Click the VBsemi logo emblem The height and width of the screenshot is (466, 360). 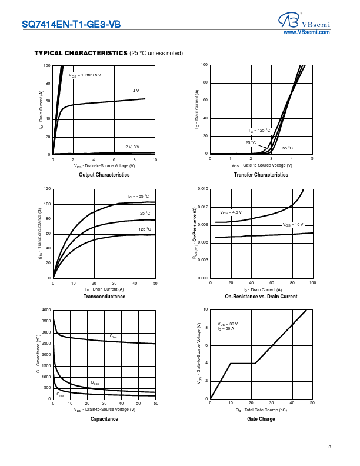tap(289, 21)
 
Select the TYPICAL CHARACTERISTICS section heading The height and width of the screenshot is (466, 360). tap(81, 54)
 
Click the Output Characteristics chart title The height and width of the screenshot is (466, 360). tap(104, 175)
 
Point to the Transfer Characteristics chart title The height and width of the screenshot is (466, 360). tap(261, 175)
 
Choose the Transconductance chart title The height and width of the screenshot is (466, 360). tap(104, 297)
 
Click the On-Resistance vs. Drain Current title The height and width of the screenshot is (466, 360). tap(261, 297)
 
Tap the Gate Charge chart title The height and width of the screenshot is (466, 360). tap(261, 419)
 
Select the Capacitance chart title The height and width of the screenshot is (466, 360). tap(104, 419)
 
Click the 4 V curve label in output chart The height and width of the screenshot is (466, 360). tap(136, 91)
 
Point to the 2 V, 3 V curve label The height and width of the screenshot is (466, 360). tap(132, 147)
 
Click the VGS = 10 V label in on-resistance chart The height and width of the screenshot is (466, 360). tap(293, 225)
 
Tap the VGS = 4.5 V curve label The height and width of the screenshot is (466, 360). tap(231, 212)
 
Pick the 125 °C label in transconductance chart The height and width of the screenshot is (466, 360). tap(145, 229)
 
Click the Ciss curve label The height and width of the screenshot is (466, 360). tap(113, 336)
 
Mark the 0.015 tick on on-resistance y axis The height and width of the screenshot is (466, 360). tap(202, 189)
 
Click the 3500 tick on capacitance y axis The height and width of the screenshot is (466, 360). tap(46, 321)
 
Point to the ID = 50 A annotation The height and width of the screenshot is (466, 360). tap(226, 329)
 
